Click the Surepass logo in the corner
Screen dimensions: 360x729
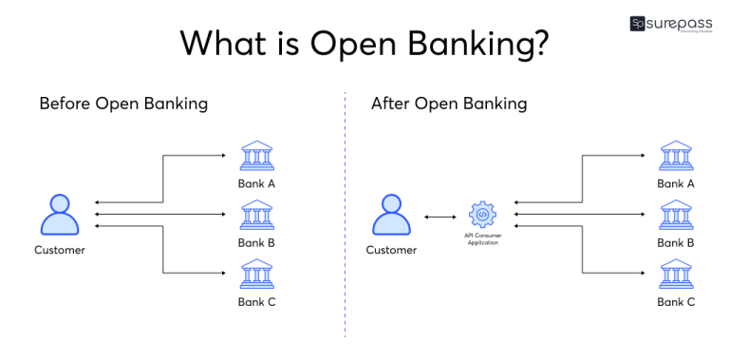(x=672, y=24)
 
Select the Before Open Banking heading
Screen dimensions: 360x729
(x=123, y=104)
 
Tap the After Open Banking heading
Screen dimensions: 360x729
(x=449, y=104)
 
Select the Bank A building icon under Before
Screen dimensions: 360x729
(x=257, y=157)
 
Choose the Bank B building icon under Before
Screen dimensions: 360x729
(x=257, y=216)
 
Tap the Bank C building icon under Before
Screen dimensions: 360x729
(x=257, y=275)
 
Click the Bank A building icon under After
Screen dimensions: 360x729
(x=676, y=157)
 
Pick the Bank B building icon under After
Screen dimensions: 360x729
(x=676, y=216)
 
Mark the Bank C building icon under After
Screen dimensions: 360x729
(x=676, y=275)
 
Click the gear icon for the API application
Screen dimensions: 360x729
(x=482, y=215)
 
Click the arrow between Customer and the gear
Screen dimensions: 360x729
(x=439, y=218)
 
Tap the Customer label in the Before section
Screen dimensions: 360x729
(x=60, y=251)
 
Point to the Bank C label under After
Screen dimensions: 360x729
(x=676, y=302)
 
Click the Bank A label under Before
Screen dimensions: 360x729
(x=257, y=183)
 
